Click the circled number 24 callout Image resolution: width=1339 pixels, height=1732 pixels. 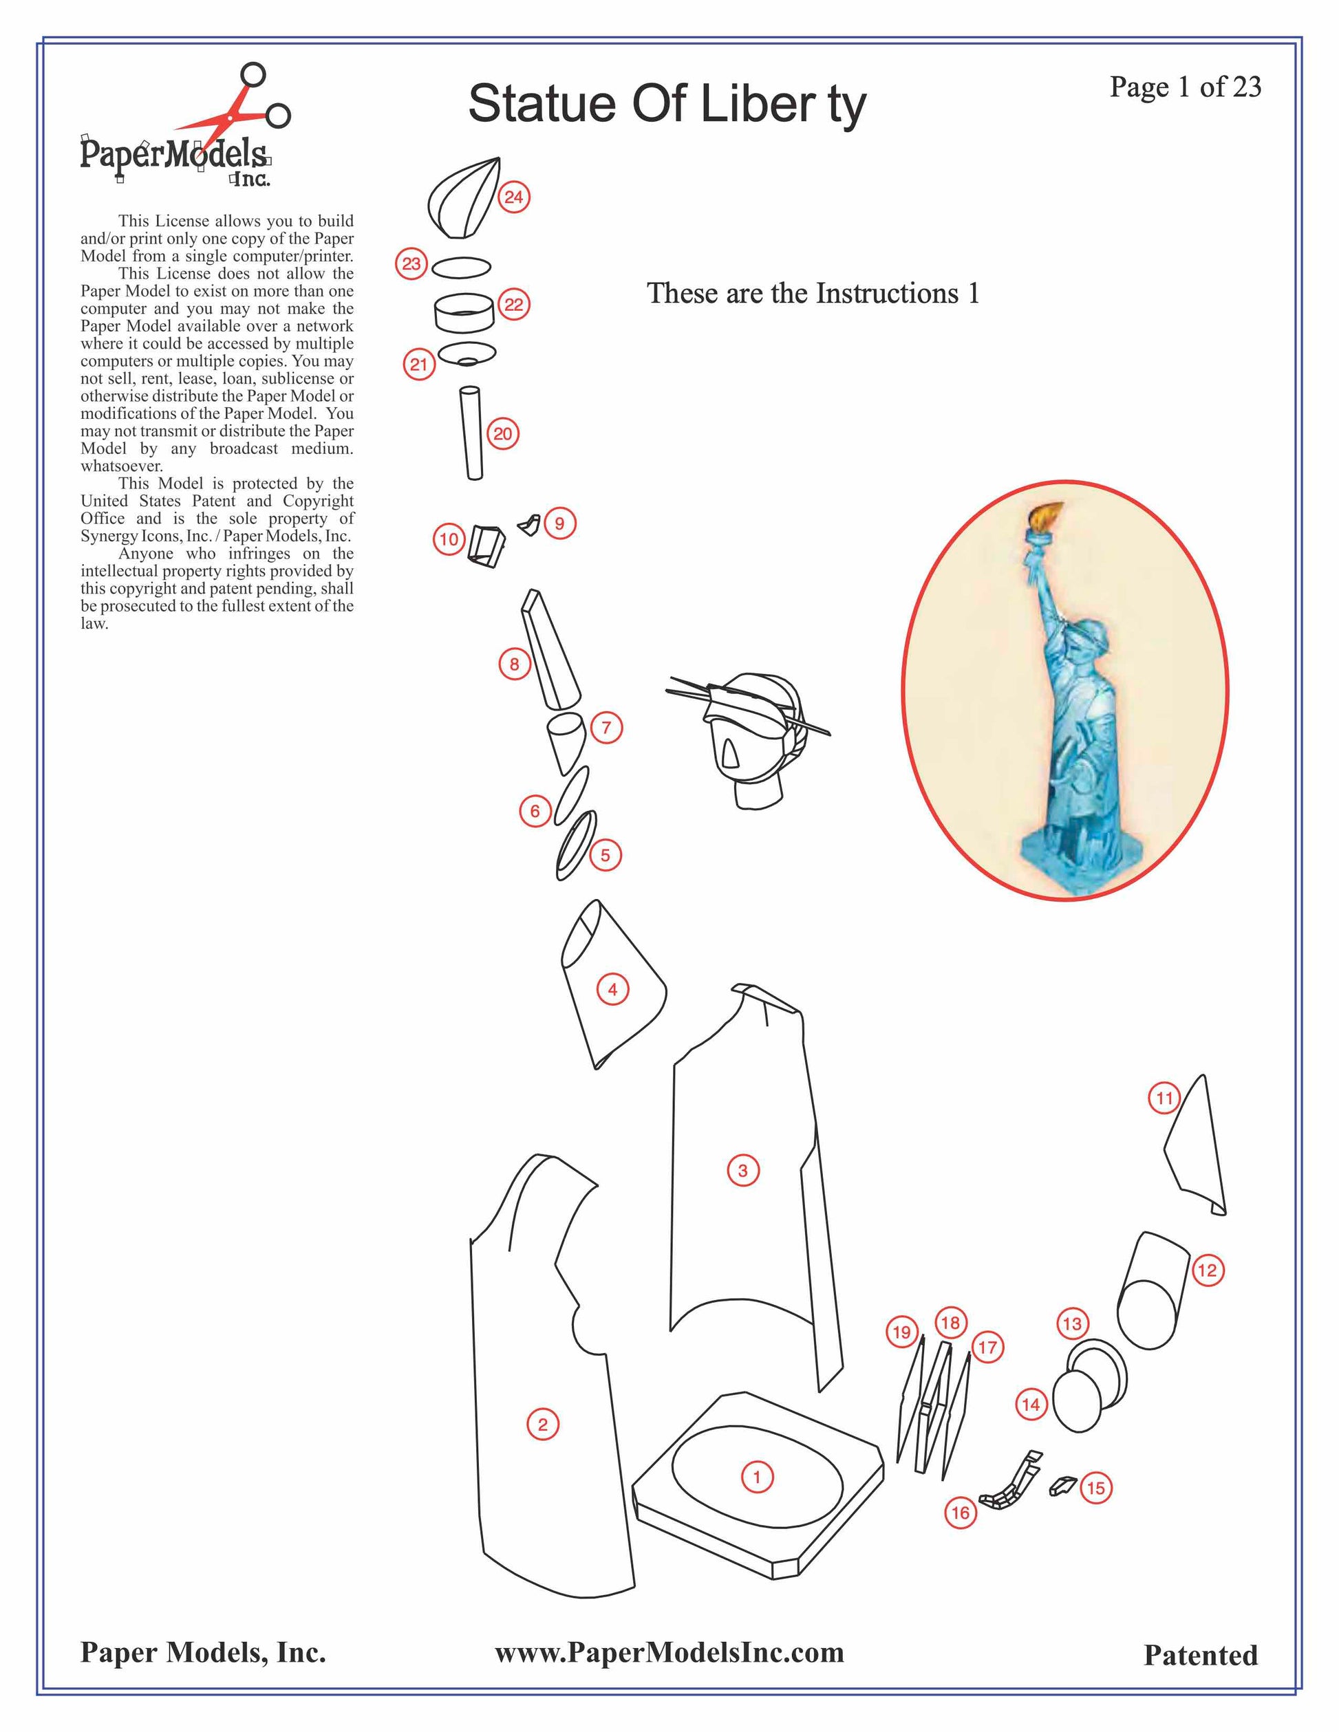pos(514,197)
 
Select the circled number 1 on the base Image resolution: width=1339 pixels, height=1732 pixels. pos(756,1477)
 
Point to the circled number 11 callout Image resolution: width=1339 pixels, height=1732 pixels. pos(1164,1098)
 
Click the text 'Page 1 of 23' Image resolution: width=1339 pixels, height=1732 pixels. pos(1184,87)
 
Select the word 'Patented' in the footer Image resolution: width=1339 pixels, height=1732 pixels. pos(1200,1655)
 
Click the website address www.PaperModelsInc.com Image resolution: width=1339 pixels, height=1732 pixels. pos(669,1653)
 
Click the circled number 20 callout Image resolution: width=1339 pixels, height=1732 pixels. pos(503,434)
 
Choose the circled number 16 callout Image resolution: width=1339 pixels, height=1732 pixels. pos(960,1513)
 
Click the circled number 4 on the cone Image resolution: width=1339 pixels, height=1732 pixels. pos(612,989)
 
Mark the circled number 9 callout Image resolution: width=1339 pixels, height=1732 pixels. pos(559,523)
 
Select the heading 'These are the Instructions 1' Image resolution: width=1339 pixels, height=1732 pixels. pos(813,294)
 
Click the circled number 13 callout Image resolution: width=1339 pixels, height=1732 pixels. pos(1071,1323)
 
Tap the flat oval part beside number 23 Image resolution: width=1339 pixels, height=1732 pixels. pos(461,268)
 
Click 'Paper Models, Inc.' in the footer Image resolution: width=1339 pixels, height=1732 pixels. pos(203,1653)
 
